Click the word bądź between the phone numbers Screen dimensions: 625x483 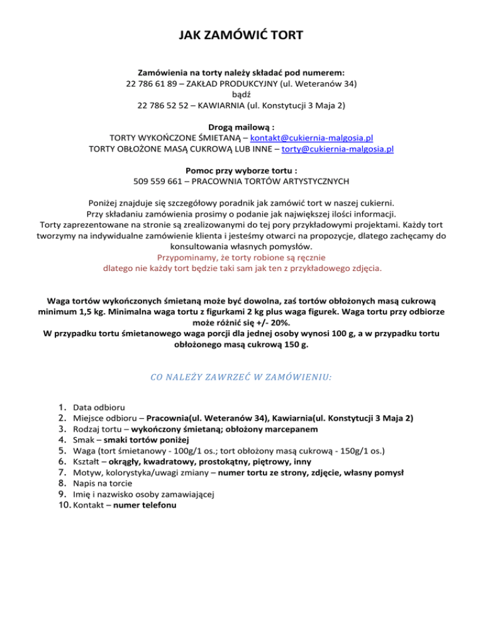(241, 94)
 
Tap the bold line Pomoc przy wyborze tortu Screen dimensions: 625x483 (241, 170)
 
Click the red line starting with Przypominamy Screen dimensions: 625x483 (241, 257)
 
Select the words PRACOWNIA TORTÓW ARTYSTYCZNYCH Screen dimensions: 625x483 (270, 182)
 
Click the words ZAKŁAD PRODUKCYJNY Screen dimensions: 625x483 (228, 83)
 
